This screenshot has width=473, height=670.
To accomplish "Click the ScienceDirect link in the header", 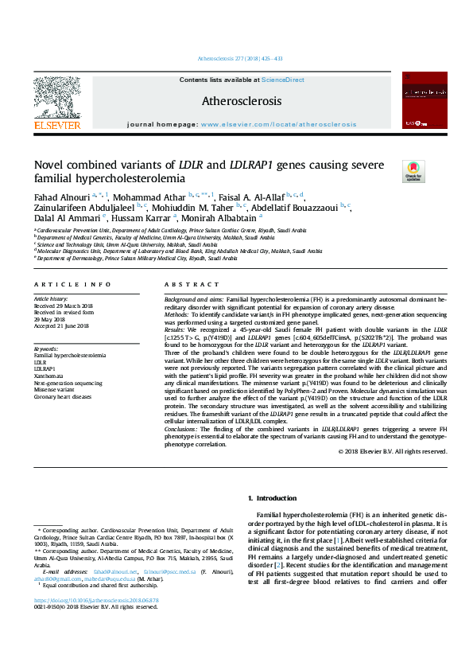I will point(284,80).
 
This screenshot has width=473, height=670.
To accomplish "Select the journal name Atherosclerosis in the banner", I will point(241,102).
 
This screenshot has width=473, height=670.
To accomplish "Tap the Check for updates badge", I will point(414,171).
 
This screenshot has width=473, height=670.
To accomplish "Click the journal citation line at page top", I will point(236,60).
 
